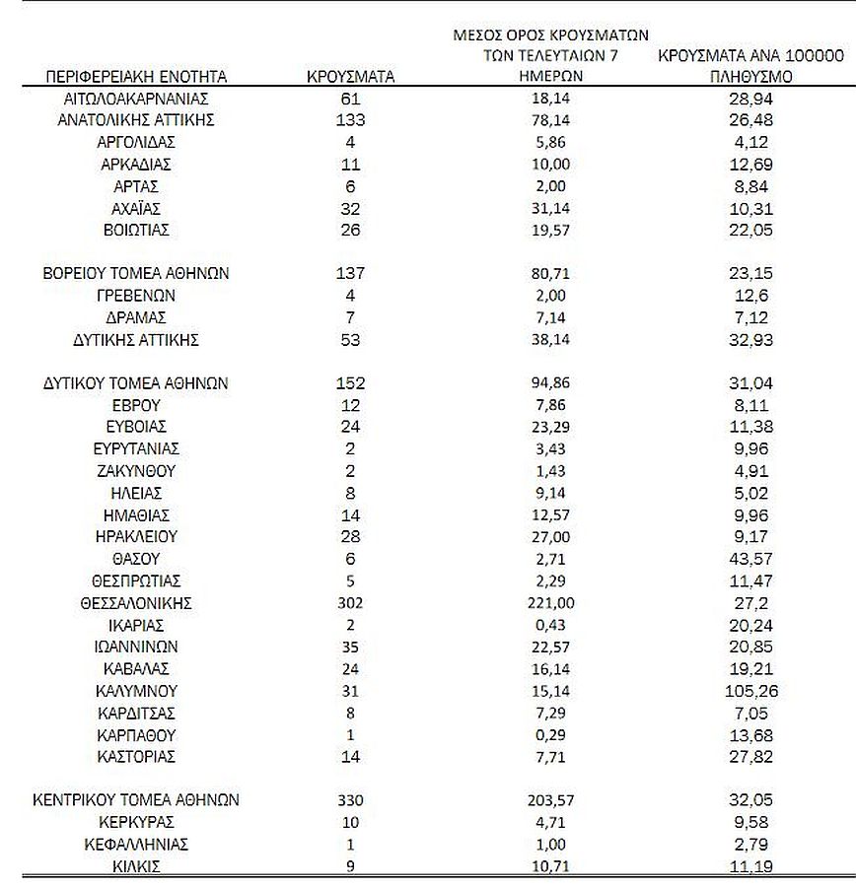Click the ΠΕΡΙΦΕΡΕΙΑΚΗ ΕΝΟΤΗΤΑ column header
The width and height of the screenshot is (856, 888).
(136, 76)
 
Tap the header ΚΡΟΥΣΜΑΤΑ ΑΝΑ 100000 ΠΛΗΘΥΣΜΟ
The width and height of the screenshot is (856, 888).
(751, 66)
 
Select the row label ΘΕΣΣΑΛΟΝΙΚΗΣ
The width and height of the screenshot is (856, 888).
(136, 602)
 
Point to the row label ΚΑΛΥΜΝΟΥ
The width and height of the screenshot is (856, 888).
(136, 690)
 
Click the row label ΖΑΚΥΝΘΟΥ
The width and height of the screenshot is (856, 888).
(136, 470)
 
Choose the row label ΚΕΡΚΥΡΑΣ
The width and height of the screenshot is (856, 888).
(136, 822)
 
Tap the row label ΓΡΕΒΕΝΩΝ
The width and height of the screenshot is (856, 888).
(136, 295)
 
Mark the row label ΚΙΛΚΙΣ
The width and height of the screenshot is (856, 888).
(136, 866)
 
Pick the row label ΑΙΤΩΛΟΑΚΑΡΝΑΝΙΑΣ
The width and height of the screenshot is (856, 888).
(136, 99)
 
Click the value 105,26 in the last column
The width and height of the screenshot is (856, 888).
(751, 690)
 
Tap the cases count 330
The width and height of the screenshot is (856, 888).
(350, 800)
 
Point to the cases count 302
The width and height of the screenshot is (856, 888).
(350, 602)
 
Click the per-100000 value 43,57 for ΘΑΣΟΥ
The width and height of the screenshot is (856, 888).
(751, 558)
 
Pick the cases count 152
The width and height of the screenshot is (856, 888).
(350, 382)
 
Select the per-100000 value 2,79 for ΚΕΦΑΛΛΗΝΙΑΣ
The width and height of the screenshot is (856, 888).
(751, 844)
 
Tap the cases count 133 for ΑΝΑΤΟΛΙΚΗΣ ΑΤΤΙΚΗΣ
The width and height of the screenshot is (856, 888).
(350, 120)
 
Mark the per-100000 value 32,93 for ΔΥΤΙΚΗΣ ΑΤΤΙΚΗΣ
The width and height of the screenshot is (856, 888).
(751, 340)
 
